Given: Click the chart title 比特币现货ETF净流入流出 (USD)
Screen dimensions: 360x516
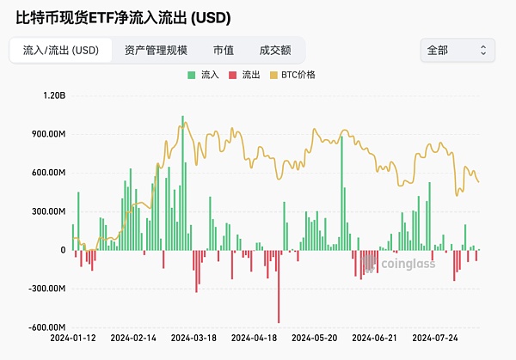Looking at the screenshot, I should tap(124, 17).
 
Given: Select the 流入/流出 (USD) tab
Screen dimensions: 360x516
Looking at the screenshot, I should tap(61, 50).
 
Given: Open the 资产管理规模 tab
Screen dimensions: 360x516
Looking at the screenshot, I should tap(156, 50).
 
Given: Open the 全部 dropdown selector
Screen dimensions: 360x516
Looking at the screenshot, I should tap(457, 50).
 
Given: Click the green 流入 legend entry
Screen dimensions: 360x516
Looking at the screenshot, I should tap(204, 76).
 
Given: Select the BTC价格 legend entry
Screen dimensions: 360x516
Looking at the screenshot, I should tap(292, 76).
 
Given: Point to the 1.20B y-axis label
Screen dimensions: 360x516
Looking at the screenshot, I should tap(53, 95).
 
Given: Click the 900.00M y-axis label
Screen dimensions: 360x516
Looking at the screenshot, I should tap(48, 134).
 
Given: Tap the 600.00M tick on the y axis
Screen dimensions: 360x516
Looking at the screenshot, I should tap(48, 173).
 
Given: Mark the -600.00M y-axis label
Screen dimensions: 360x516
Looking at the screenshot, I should tap(46, 327).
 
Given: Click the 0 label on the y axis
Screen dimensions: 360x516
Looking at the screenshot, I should tap(63, 250).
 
